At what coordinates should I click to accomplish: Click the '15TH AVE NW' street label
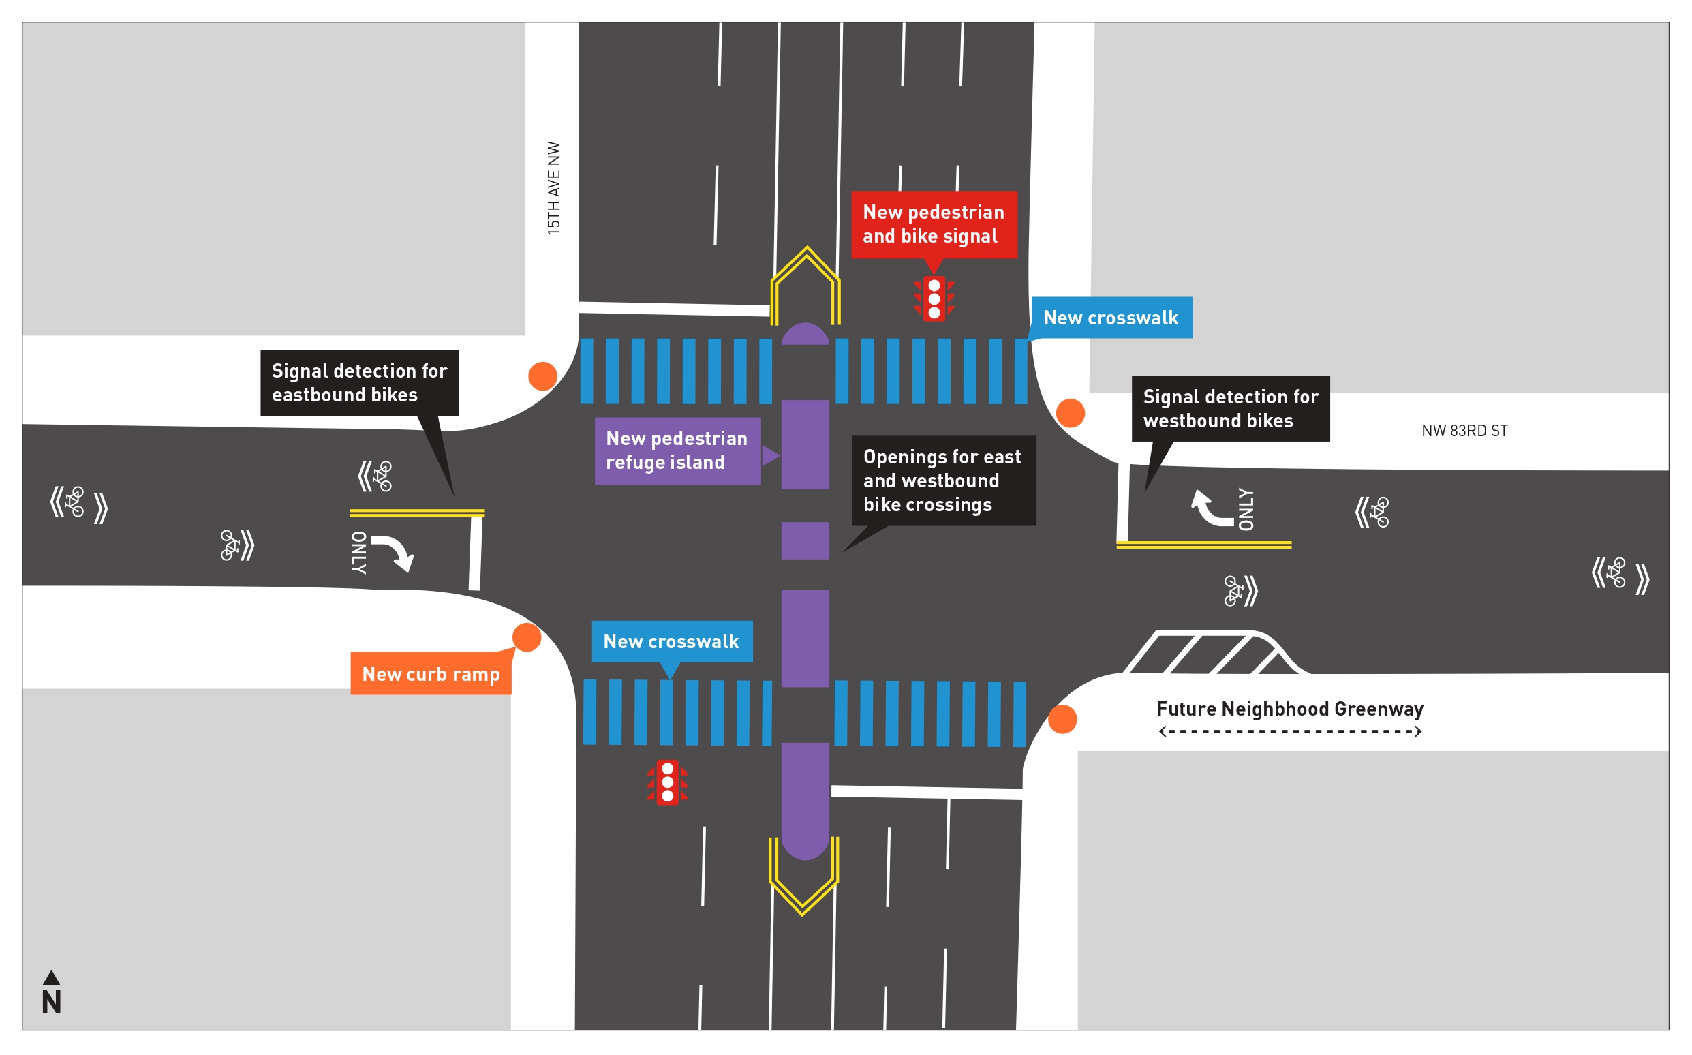554,188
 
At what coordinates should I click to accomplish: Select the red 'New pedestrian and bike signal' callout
933,224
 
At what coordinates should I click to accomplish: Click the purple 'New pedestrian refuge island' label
677,450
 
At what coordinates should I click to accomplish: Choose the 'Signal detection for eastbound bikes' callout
359,382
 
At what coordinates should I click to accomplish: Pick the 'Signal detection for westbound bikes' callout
1229,409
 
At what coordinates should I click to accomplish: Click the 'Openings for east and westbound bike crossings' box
943,480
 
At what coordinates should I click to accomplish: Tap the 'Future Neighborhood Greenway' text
1289,709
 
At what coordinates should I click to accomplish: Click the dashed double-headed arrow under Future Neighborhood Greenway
1289,731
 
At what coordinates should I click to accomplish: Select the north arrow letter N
52,1002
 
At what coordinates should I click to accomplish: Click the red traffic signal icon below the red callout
934,299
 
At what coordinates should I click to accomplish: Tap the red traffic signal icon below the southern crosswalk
667,782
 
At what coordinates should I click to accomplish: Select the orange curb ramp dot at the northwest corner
542,376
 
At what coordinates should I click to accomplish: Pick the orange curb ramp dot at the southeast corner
1062,720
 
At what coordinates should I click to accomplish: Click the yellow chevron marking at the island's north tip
805,279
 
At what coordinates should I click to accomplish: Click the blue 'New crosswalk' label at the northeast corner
1110,318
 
